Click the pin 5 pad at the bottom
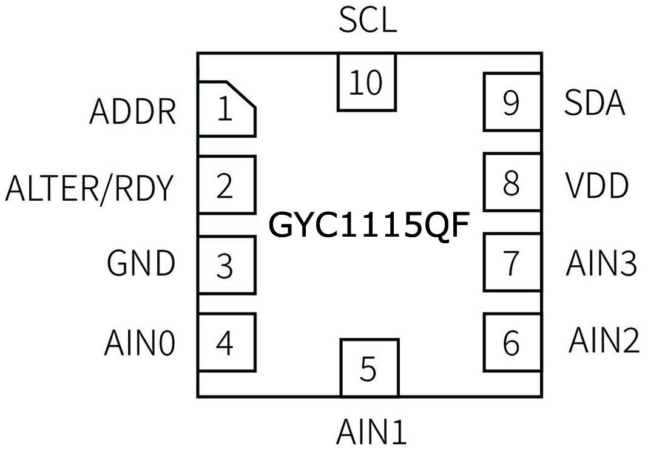point(369,368)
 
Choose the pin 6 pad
point(512,342)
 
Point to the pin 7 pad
point(512,263)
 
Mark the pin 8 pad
point(512,183)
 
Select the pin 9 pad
point(512,102)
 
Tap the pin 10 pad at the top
point(366,82)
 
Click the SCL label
point(367,21)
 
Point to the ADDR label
point(133,112)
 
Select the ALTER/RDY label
point(89,189)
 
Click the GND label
point(141,264)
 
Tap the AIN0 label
point(140,343)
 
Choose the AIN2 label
point(603,340)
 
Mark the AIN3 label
point(601,264)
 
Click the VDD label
point(596,186)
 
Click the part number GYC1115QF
point(369,225)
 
